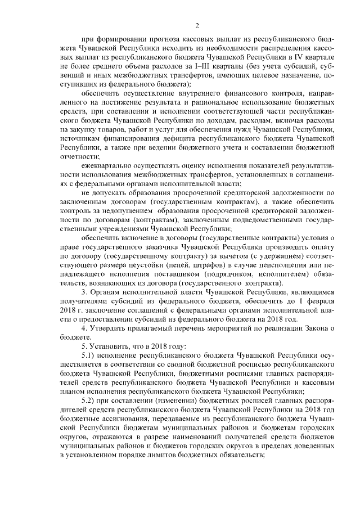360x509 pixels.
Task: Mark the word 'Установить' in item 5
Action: pos(112,346)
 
